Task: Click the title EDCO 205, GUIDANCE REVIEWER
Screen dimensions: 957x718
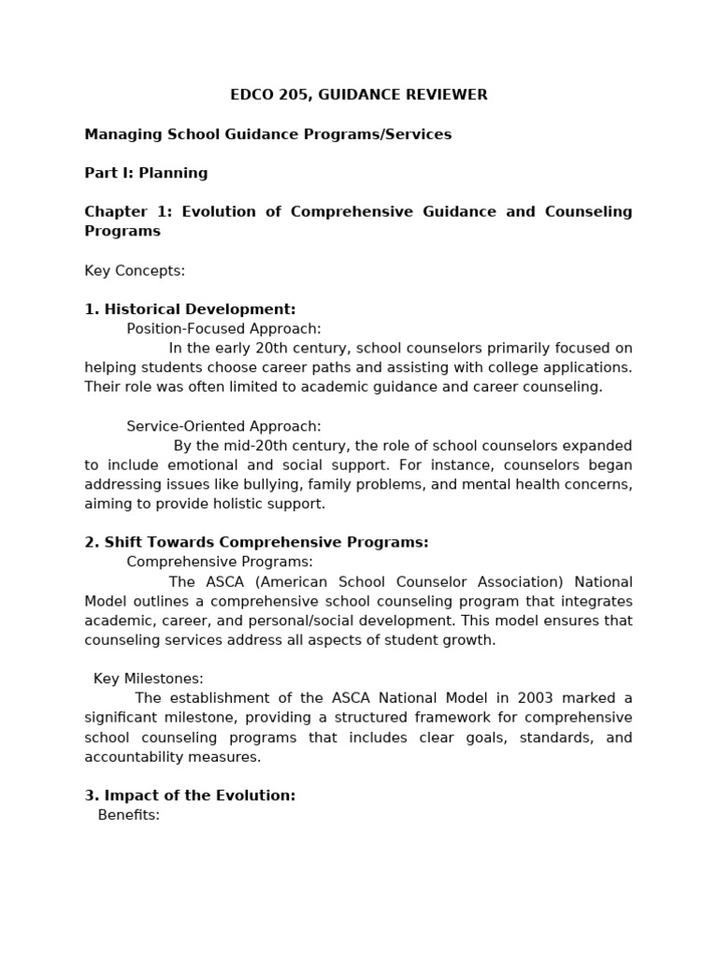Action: (359, 94)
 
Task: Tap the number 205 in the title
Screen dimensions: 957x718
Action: (290, 94)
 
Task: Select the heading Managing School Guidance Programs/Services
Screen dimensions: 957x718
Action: (267, 134)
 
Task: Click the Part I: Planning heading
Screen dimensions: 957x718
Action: (146, 173)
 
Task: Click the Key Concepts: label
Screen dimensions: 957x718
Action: (135, 270)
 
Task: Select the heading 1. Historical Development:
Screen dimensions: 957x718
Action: (190, 309)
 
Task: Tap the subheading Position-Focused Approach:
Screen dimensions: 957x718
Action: (223, 328)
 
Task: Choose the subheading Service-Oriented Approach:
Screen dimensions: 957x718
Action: (223, 426)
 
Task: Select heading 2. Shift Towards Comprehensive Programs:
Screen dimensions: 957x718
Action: (256, 542)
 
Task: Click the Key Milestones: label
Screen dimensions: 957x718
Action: (148, 678)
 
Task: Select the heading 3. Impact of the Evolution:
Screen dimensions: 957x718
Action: (190, 795)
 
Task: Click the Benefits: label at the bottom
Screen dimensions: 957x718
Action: (129, 814)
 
